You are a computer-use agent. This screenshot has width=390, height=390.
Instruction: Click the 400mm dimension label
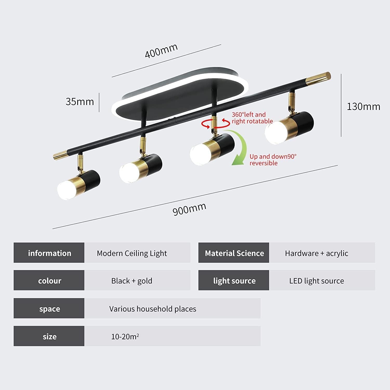(161, 51)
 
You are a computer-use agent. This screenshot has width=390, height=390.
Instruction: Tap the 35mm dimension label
(80, 102)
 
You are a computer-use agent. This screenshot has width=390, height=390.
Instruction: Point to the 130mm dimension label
(363, 107)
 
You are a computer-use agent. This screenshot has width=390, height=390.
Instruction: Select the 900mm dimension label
(189, 209)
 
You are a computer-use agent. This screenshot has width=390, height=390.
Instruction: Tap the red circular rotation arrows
(215, 124)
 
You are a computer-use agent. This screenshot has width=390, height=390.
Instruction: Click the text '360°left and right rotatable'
(252, 118)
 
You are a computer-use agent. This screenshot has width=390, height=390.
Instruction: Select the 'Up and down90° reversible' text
(272, 160)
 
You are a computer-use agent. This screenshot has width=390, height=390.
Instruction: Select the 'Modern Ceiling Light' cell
(132, 253)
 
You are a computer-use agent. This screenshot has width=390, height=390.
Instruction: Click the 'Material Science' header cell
(234, 253)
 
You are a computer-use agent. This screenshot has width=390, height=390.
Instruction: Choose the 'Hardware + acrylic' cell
(316, 253)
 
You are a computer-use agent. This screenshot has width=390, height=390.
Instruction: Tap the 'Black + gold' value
(132, 281)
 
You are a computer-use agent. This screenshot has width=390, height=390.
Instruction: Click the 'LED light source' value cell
(316, 281)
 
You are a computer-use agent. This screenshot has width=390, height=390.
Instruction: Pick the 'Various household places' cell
(153, 309)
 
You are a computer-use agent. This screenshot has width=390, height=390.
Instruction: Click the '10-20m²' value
(125, 337)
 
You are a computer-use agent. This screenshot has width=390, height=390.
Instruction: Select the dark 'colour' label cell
(49, 281)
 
